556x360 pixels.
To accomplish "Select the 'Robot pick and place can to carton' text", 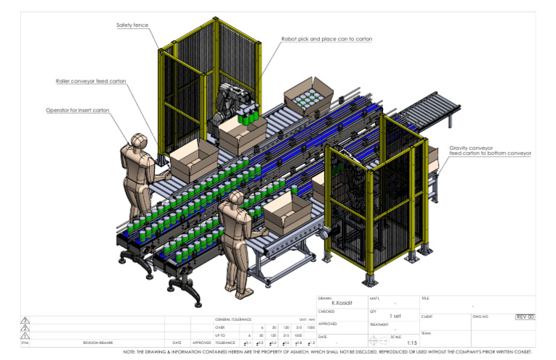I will coord(327,38).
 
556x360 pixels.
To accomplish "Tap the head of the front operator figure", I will coord(236,198).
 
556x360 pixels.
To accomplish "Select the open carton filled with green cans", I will coord(308,96).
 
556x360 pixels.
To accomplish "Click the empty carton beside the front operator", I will coord(287,211).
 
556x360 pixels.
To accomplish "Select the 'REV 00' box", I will coord(525,317).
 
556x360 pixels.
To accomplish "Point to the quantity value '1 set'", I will coord(395,317).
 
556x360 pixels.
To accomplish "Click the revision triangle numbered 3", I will coord(25,319).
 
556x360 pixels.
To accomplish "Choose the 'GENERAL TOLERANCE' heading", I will coord(232,319).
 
